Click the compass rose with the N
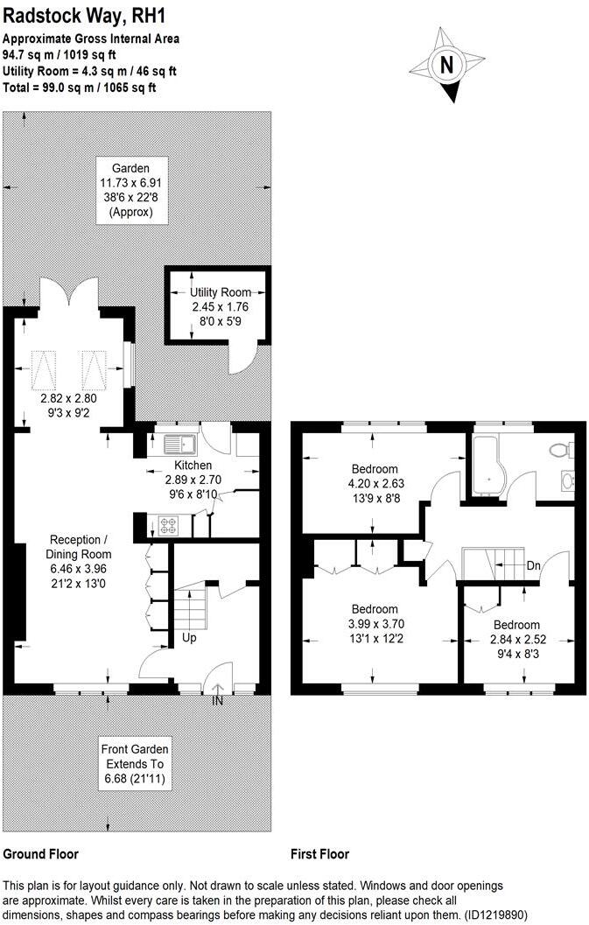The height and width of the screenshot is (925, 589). point(447,65)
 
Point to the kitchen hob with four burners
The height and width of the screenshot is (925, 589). point(167,527)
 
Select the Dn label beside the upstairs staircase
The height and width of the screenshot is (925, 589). point(534,566)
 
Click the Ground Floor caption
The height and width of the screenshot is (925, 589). point(41,854)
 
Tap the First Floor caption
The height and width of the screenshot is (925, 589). point(319,854)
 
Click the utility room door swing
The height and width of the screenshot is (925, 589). point(242,357)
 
